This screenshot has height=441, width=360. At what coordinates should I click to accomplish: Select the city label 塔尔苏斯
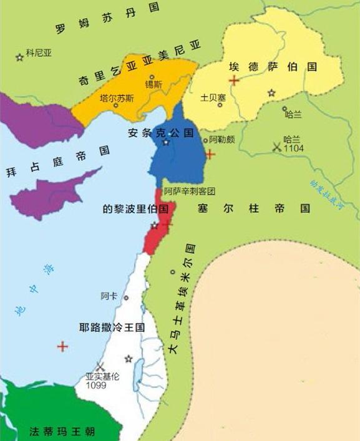tap(116, 98)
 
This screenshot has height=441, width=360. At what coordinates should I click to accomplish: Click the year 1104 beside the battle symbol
tap(294, 150)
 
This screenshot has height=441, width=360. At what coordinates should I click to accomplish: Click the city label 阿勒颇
tap(222, 139)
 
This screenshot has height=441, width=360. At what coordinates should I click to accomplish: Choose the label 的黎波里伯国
tap(136, 209)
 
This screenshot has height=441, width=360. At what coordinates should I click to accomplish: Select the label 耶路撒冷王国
tap(112, 327)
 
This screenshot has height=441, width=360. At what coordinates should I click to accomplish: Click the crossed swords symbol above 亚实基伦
tap(99, 367)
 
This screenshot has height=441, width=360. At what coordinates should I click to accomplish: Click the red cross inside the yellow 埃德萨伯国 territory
tap(233, 80)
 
